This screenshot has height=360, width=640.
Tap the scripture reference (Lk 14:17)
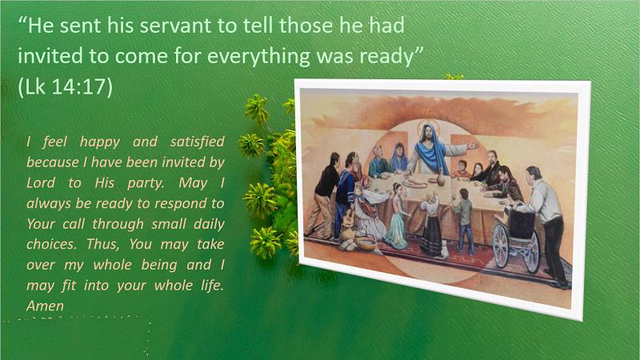click(65, 86)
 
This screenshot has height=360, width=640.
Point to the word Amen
click(45, 306)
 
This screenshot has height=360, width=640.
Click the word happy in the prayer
click(100, 142)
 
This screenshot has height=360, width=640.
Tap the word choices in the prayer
click(51, 244)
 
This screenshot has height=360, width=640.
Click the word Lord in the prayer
click(41, 182)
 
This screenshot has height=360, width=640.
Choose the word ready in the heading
click(392, 56)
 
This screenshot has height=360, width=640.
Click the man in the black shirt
click(323, 197)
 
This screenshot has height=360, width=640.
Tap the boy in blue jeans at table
click(463, 221)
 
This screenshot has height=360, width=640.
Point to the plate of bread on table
click(414, 183)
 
